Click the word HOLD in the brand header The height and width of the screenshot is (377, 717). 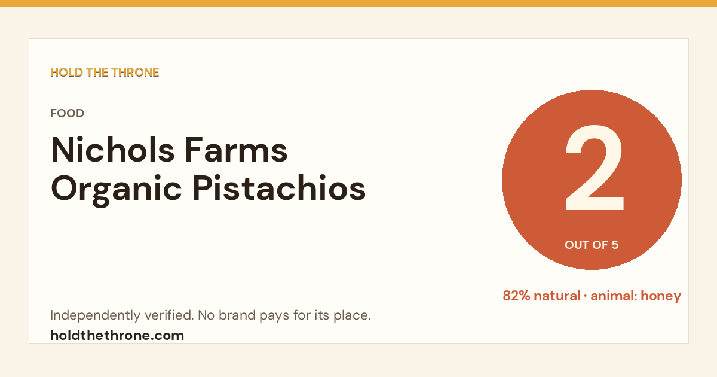coord(66,72)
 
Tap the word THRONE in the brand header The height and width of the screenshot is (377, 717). coord(135,72)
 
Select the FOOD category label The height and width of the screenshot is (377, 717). coord(67,113)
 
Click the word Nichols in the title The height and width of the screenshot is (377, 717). coord(113,150)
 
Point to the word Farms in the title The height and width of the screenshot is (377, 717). coord(236,150)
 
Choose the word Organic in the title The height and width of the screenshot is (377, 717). coord(117,190)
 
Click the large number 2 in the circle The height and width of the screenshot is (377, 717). coord(595,168)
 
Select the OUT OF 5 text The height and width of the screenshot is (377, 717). coord(592,245)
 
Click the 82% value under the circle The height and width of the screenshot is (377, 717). coord(516,296)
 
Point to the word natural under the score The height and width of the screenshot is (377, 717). coord(557,296)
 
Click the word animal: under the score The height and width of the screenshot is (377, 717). coord(614,296)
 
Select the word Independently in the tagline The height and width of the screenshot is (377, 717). coord(96,315)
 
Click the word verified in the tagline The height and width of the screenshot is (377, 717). coord(169,315)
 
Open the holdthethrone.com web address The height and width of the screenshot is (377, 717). coord(117,335)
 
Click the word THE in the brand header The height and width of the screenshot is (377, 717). coord(97,72)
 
